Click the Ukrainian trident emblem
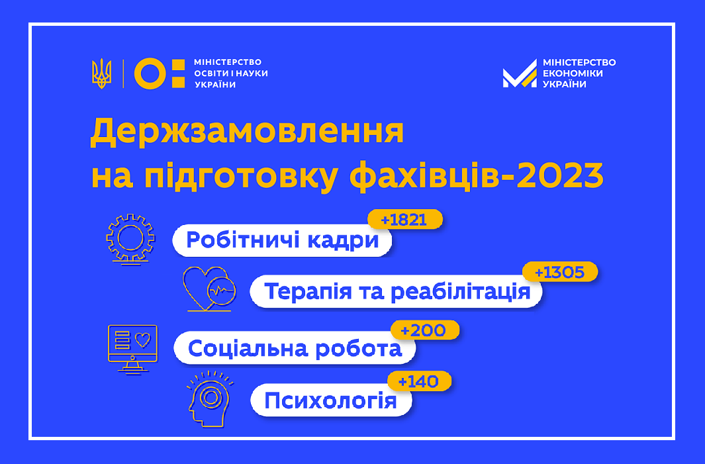(x=102, y=73)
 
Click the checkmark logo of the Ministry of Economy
(x=520, y=73)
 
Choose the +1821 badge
(x=405, y=220)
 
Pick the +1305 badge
(x=560, y=272)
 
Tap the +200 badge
(x=425, y=330)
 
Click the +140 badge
(x=419, y=381)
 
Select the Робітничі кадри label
(x=282, y=240)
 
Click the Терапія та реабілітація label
(x=396, y=292)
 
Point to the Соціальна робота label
(x=295, y=348)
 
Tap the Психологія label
(x=331, y=400)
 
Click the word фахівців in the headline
(x=424, y=176)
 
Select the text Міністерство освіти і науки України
(x=230, y=73)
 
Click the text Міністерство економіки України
(x=579, y=73)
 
